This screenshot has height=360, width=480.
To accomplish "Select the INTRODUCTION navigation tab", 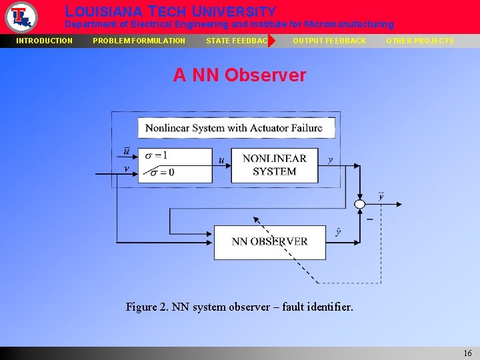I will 45,41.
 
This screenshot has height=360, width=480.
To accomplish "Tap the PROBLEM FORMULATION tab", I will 139,41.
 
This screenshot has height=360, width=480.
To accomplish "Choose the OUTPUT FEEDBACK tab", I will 329,41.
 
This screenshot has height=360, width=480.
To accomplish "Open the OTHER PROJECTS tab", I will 420,41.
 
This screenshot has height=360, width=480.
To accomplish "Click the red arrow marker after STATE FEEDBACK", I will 271,41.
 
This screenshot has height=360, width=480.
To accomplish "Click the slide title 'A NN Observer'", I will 239,75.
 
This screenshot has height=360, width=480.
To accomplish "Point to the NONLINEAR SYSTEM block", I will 274,165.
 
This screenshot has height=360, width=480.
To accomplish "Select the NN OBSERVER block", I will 270,242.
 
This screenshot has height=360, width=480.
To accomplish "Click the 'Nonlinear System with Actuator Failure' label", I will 233,128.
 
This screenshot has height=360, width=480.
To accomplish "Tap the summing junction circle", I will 360,204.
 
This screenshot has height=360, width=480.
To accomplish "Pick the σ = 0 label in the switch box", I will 162,173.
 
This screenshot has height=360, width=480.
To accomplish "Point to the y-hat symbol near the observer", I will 339,231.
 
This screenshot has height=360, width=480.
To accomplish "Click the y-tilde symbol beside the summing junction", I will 381,196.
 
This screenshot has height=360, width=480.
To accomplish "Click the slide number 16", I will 467,353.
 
